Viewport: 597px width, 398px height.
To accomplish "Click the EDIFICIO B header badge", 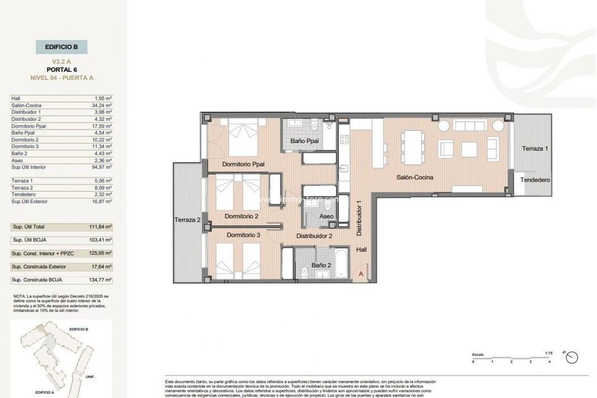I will (61, 47).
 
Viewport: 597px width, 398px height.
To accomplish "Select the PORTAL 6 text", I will (61, 70).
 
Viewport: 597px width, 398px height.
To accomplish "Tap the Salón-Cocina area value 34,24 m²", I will (102, 105).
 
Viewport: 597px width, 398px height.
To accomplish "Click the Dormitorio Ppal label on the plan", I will (243, 164).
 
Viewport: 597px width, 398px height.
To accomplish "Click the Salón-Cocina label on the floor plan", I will (414, 177).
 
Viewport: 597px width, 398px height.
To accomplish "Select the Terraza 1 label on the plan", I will (535, 149).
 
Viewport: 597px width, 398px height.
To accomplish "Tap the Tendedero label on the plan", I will (535, 180).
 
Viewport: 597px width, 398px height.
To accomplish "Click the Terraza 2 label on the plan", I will (187, 219).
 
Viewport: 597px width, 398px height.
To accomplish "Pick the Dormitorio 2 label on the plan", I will (242, 216).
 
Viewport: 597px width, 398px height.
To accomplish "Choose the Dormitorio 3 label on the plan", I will (243, 235).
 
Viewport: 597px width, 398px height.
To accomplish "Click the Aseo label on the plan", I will (327, 216).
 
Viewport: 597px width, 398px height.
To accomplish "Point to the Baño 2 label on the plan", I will (321, 265).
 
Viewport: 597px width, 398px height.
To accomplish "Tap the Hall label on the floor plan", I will (362, 250).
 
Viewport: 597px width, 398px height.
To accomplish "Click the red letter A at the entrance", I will (361, 274).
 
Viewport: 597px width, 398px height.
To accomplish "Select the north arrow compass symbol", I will (572, 357).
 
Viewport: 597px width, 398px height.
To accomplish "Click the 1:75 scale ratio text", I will (548, 353).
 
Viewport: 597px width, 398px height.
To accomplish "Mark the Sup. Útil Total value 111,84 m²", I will (102, 227).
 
